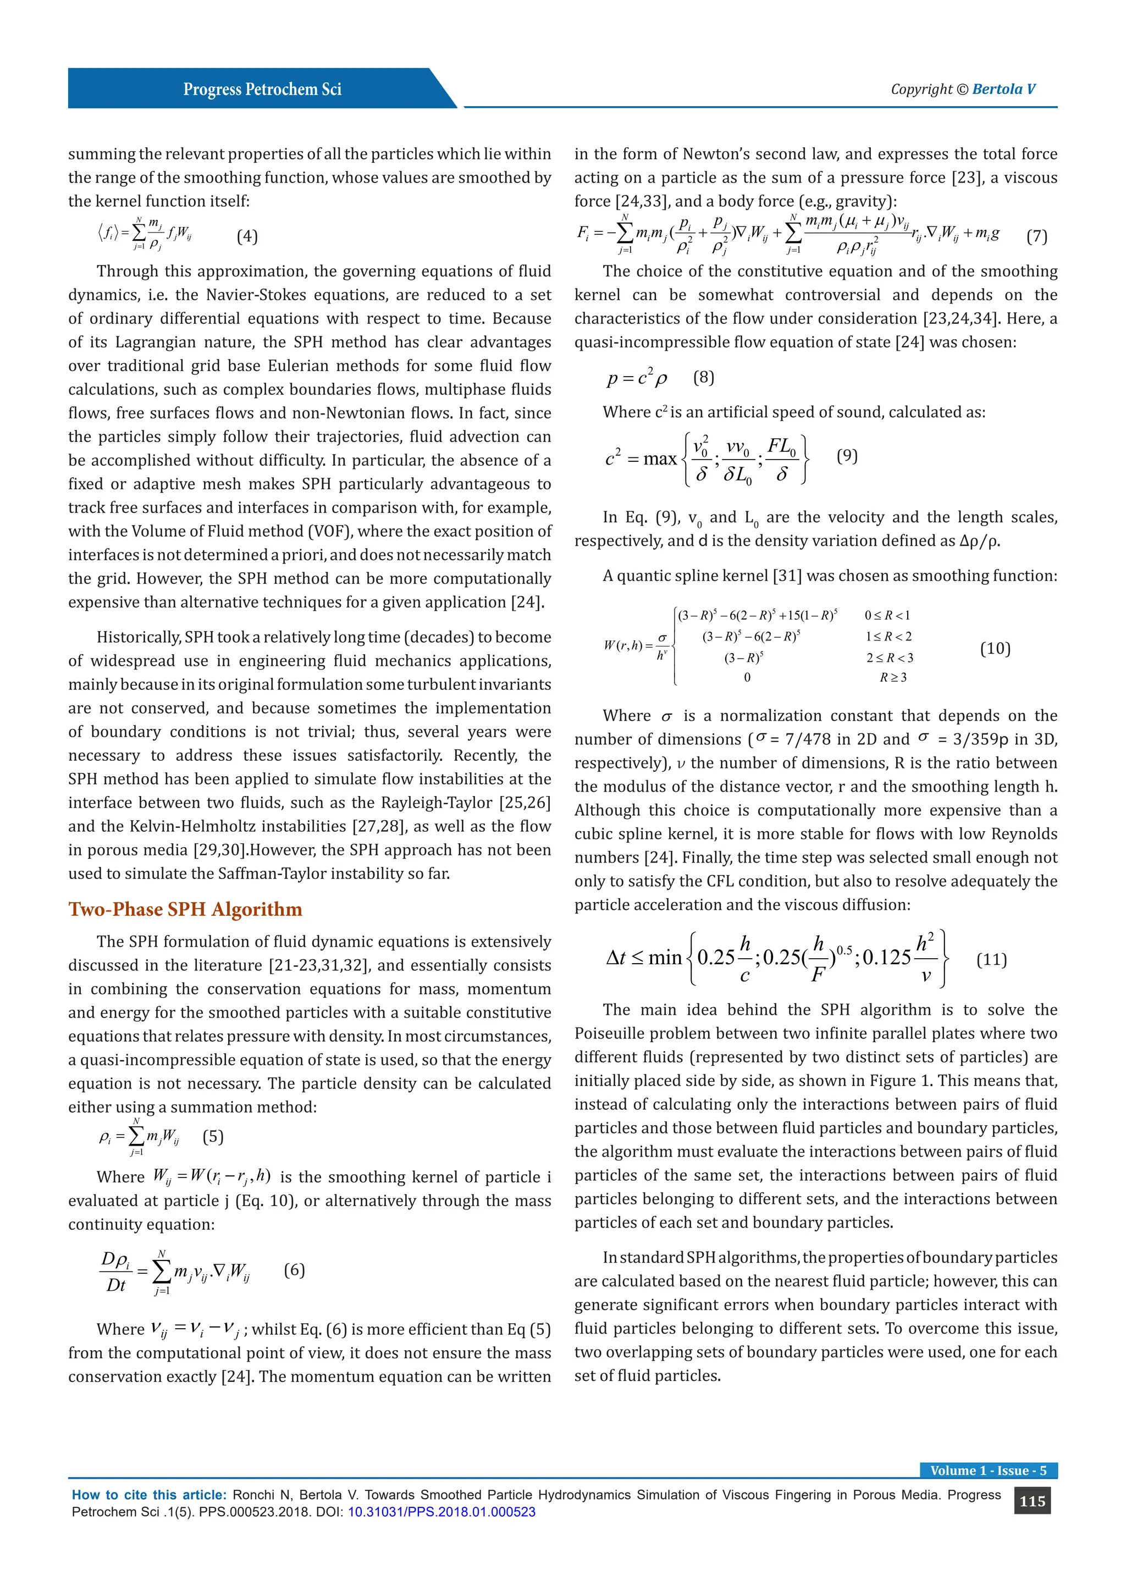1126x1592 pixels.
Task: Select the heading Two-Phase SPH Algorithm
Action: click(x=185, y=909)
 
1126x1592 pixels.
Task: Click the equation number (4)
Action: click(x=247, y=236)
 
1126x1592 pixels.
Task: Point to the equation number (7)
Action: click(x=1036, y=236)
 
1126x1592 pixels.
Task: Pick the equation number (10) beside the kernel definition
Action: click(x=995, y=648)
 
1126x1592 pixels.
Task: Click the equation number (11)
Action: click(x=991, y=960)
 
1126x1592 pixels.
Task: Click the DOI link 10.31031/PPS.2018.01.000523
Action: click(x=441, y=1512)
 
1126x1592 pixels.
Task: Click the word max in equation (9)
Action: click(x=659, y=459)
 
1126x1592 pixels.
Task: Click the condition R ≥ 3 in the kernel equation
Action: click(x=893, y=677)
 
